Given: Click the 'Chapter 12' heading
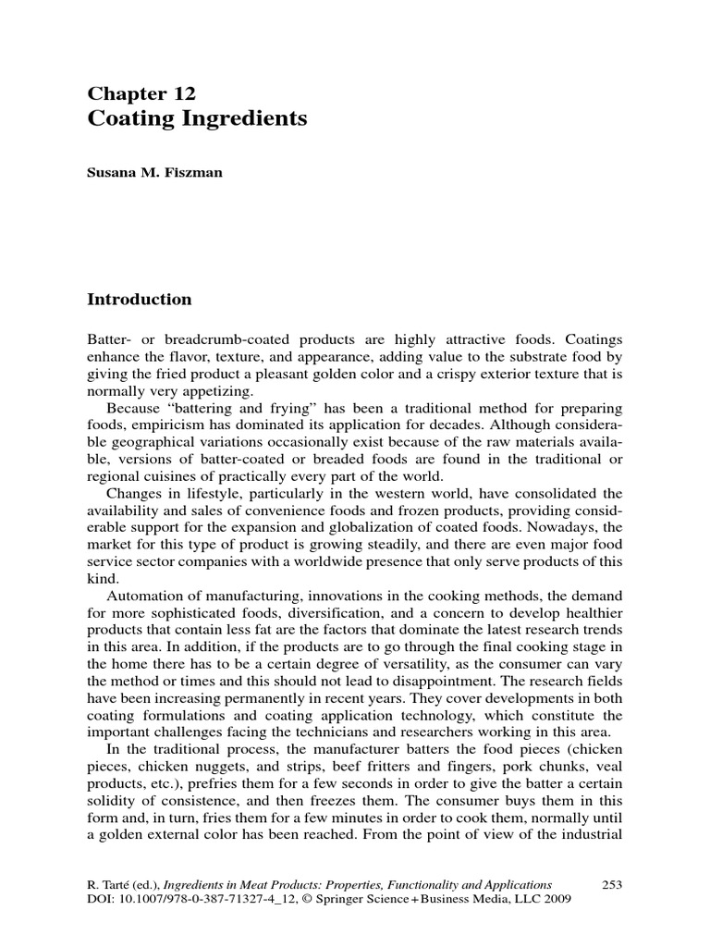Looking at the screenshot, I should coord(141,93).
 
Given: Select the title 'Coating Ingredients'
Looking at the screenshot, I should coord(197,119).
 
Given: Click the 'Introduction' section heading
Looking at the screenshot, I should coord(139,300).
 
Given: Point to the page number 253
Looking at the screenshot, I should coord(612,884).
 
